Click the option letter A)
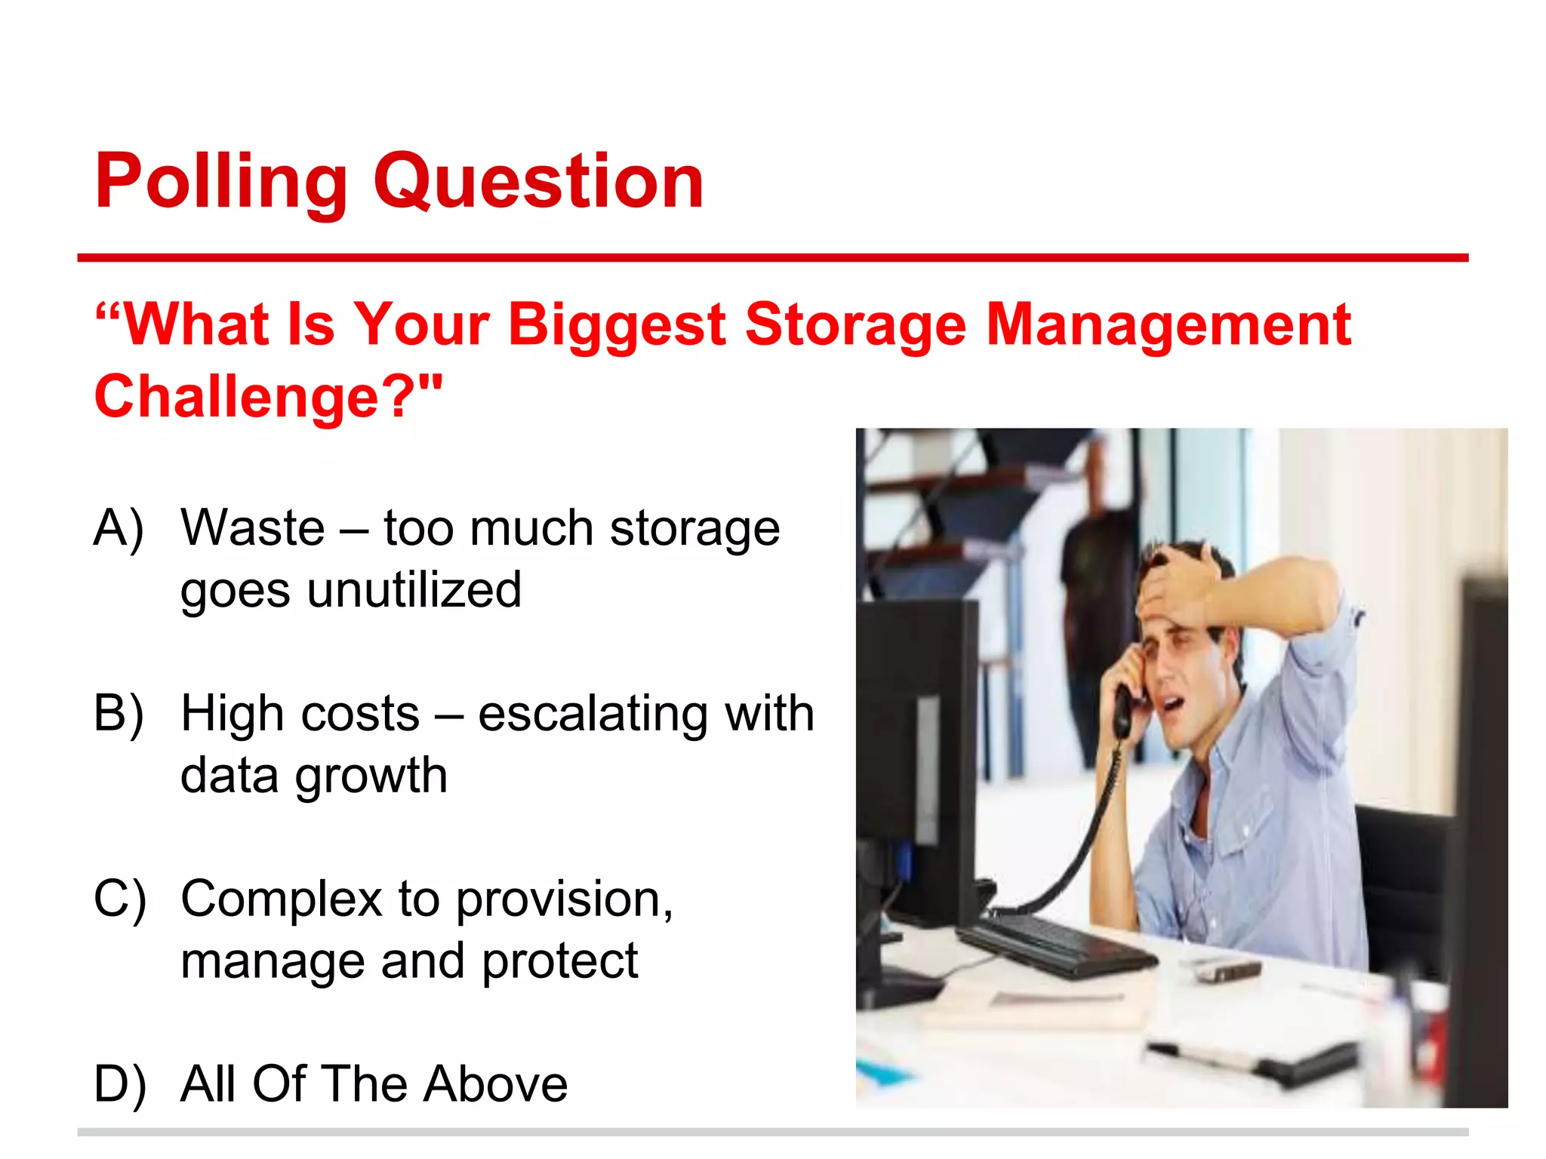(119, 528)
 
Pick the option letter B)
(119, 713)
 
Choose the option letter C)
(119, 899)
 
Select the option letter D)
(119, 1084)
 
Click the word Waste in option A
(253, 527)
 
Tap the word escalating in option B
(593, 713)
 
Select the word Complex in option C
(282, 899)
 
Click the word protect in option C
(559, 961)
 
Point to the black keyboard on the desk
(1057, 943)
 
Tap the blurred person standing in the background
(1095, 604)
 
